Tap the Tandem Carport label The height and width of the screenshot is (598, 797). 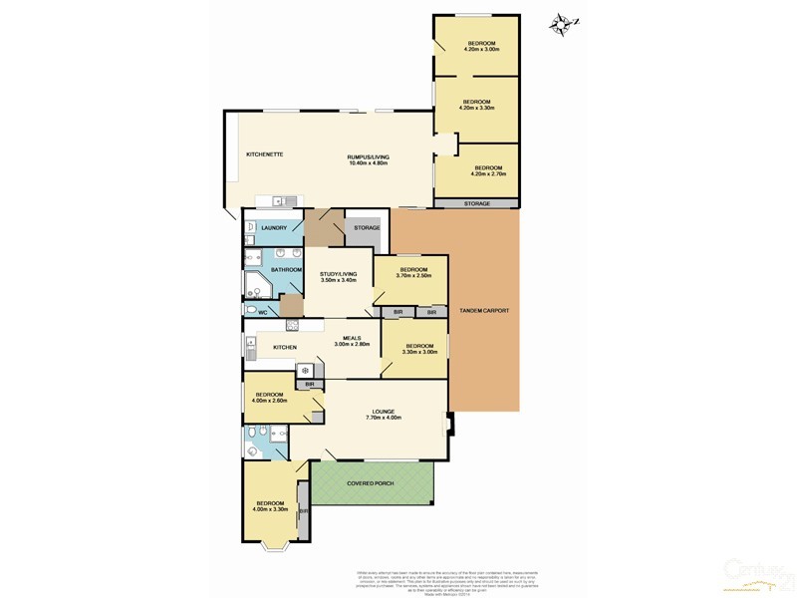coord(483,311)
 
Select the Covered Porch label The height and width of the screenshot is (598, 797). coord(371,483)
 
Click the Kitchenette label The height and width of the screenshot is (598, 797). coord(266,154)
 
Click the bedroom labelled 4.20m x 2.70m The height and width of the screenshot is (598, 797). coord(488,170)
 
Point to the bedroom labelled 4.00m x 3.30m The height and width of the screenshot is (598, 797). coord(271,506)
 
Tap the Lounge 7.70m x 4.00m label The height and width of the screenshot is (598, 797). coord(384,415)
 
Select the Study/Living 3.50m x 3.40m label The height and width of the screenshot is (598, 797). coord(338,277)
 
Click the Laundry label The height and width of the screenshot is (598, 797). coord(274,228)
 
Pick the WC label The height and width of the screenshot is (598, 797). coord(264,313)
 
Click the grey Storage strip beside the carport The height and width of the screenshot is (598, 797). coord(476,203)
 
